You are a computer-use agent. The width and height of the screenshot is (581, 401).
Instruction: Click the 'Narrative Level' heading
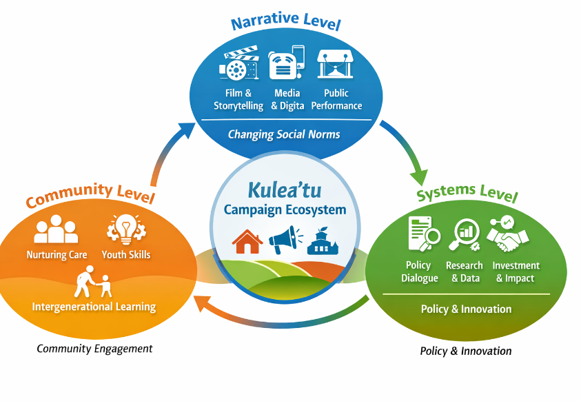285,23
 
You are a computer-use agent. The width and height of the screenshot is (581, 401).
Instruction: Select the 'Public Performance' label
336,99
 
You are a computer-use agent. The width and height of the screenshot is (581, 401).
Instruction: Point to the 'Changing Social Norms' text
284,134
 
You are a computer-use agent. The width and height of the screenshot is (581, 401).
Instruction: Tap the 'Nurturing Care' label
57,255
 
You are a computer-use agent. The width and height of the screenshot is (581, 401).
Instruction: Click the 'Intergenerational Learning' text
94,306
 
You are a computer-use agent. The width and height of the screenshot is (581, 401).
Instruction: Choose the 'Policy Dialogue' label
419,272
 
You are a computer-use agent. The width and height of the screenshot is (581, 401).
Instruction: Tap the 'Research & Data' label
465,272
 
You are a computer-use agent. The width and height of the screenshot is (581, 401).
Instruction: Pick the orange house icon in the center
247,240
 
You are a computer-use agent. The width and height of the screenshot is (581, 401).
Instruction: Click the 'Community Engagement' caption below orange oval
94,349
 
